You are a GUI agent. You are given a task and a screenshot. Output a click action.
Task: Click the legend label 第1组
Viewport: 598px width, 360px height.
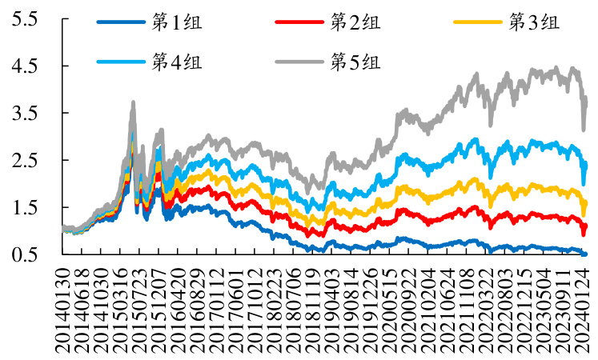tap(177, 22)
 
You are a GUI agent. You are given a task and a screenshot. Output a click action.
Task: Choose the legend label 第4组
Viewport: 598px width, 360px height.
tap(177, 62)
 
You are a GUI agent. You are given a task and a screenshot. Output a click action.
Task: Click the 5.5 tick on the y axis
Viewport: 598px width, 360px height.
tap(24, 19)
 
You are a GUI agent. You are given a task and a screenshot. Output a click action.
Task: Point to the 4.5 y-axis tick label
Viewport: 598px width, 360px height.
tap(24, 66)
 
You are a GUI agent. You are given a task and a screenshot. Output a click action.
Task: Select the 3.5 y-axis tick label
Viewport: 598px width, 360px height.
tap(24, 114)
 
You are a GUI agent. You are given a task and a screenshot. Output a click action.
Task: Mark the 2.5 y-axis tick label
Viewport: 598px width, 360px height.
tap(24, 161)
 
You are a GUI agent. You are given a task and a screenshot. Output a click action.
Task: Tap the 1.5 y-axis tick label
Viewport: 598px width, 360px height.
tap(24, 208)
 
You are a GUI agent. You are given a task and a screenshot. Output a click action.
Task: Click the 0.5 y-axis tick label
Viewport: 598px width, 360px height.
tap(24, 254)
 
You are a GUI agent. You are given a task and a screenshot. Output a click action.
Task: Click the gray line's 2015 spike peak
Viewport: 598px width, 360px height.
tap(133, 102)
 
